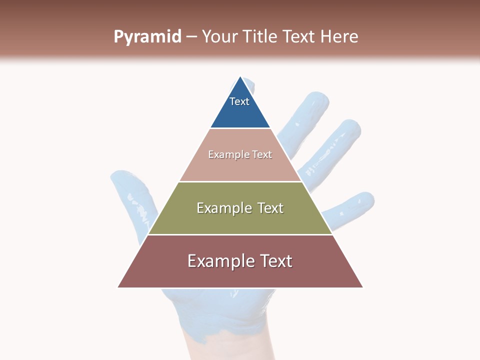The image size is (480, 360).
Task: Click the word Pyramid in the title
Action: (x=147, y=37)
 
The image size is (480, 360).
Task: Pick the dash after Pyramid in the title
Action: (x=191, y=37)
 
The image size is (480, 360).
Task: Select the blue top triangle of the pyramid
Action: (x=240, y=112)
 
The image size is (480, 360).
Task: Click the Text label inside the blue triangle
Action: (x=239, y=101)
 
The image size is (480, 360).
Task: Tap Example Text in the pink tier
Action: (x=240, y=154)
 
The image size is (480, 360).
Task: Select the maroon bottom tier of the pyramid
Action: (x=240, y=272)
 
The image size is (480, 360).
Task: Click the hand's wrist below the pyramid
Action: (x=220, y=345)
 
